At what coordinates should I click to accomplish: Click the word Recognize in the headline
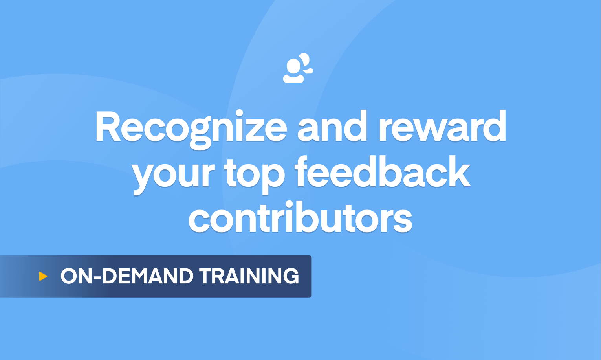pos(191,127)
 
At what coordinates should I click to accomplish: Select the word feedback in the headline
pos(383,173)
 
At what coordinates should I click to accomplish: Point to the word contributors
pos(300,219)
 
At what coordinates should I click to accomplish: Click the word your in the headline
pos(173,175)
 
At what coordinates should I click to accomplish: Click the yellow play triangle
pos(43,276)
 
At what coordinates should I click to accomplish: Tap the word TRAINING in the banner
pos(249,276)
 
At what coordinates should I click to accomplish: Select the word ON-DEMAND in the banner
pos(127,276)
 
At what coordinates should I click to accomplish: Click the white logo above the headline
pos(298,68)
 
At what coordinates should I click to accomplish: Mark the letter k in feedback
pos(460,173)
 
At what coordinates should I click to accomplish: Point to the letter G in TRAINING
pos(291,276)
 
